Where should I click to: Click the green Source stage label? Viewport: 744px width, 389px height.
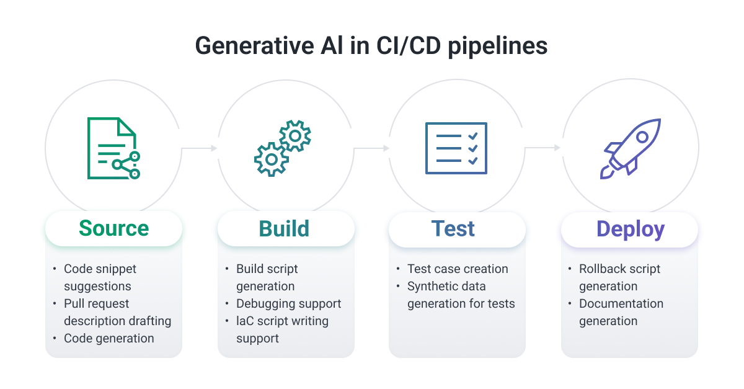(113, 228)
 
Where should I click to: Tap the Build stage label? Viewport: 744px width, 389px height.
(284, 228)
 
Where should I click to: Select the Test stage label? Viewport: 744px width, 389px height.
(453, 228)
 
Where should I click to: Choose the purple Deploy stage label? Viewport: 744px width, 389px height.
(630, 229)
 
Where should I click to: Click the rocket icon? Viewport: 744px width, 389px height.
(631, 149)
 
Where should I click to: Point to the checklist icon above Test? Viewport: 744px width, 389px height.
(456, 148)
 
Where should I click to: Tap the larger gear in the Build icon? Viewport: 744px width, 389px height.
(271, 159)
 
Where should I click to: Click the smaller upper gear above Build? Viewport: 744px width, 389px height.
(295, 136)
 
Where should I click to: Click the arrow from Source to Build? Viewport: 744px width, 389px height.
(199, 148)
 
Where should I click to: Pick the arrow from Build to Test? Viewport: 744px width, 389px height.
(371, 148)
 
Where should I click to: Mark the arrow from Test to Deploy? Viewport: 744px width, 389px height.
(542, 148)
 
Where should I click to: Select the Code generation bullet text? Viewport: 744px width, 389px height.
(109, 338)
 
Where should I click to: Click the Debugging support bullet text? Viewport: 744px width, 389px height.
(288, 303)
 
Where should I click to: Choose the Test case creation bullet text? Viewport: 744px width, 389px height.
(458, 269)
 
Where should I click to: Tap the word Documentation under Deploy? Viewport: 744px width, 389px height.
(621, 303)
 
